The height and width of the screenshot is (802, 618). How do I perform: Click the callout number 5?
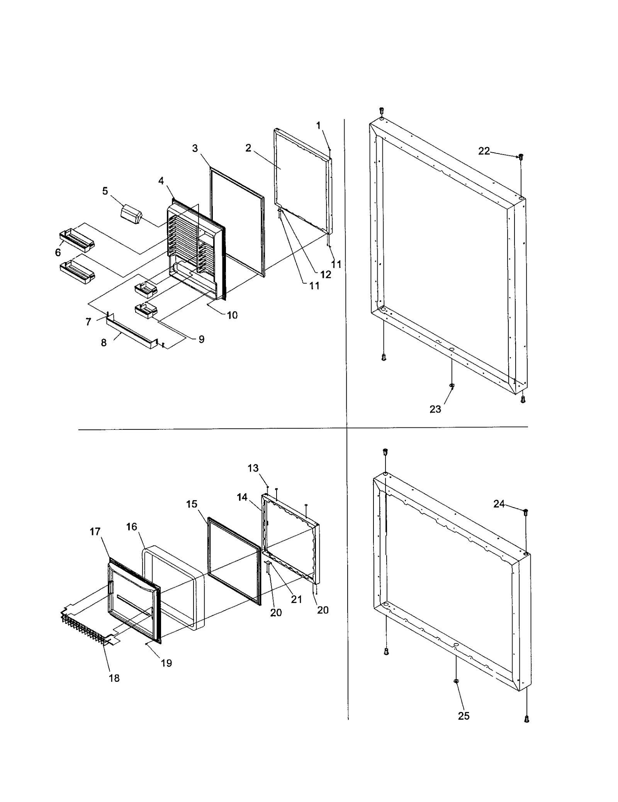click(105, 191)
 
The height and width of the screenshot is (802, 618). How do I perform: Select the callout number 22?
click(484, 151)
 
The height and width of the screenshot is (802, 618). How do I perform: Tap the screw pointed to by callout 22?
click(521, 157)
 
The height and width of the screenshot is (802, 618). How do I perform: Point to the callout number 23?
click(435, 409)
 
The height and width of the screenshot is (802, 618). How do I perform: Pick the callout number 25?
click(463, 716)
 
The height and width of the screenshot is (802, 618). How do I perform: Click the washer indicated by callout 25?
click(456, 691)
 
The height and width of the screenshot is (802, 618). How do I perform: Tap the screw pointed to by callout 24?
click(526, 512)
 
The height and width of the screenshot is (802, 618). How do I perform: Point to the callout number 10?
click(232, 315)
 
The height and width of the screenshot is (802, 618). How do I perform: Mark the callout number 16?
click(132, 527)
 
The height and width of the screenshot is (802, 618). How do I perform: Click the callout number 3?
click(195, 148)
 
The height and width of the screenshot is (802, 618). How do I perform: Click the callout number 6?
click(58, 252)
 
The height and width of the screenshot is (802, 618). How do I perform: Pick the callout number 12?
click(326, 274)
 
